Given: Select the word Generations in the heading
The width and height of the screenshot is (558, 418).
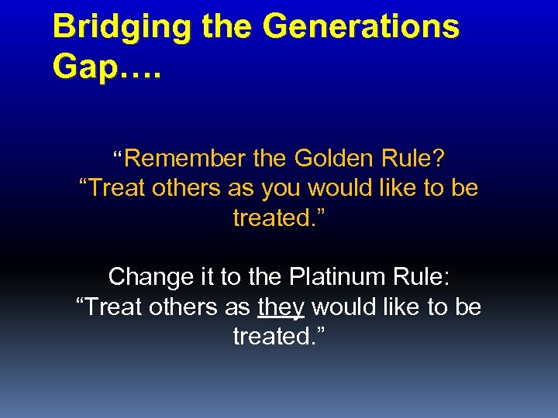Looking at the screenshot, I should (x=361, y=28).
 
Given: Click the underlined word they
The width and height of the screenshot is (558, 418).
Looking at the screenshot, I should (x=281, y=307).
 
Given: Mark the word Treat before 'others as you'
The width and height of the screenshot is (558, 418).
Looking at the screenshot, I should (x=116, y=188).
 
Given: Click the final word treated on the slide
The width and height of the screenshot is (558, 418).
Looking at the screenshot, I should (x=276, y=336).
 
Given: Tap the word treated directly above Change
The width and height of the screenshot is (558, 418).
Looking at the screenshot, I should (x=276, y=218).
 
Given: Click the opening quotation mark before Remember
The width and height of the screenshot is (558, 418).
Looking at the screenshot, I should (x=119, y=156).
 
